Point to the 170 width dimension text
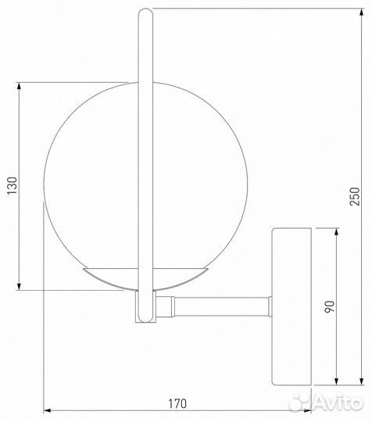[178, 404]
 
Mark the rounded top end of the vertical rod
[145, 12]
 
